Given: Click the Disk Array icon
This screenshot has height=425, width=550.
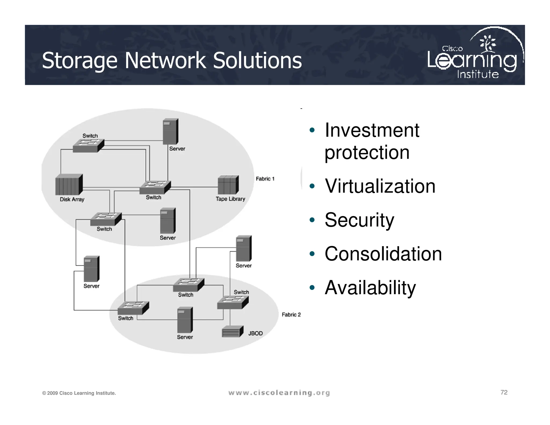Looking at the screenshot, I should [69, 185].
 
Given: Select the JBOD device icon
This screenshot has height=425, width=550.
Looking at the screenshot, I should [232, 332].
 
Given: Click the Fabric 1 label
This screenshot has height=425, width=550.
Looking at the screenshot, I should [265, 179].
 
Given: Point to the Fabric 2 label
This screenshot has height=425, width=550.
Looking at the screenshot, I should [291, 315].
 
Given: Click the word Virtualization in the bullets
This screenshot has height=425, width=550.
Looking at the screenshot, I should [380, 186].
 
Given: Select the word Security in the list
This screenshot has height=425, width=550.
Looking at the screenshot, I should [359, 220].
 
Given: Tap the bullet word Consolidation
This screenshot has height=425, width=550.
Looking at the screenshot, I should [383, 254].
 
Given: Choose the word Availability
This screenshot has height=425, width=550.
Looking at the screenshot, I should [370, 287].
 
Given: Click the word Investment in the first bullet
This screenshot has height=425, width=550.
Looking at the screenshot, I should [372, 130].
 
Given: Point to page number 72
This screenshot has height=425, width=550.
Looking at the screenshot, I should [504, 392].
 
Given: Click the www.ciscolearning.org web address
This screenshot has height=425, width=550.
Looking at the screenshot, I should [279, 393].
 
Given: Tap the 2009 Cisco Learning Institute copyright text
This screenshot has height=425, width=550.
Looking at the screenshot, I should [79, 393].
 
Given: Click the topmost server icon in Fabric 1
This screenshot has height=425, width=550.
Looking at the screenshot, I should [171, 132].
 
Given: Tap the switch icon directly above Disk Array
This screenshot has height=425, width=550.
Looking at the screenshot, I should [88, 146].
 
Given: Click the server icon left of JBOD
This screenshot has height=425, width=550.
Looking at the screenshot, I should [185, 320].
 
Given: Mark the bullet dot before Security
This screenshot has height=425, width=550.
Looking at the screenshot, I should [312, 220].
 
